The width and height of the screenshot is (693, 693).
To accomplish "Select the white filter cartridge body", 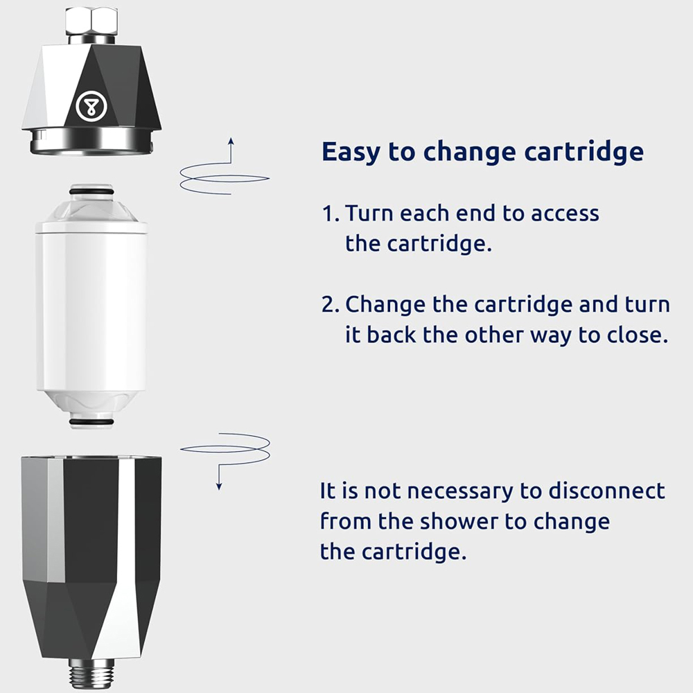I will [91, 305].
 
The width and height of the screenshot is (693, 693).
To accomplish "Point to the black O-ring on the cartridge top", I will [91, 191].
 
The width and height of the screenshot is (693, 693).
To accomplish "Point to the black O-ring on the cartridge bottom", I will [91, 421].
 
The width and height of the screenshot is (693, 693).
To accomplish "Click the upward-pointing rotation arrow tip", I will [231, 141].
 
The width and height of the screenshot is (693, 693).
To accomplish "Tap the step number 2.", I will [328, 305].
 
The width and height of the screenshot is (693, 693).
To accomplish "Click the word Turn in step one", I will [369, 213].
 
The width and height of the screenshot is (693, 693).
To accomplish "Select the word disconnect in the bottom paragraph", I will [606, 491].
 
